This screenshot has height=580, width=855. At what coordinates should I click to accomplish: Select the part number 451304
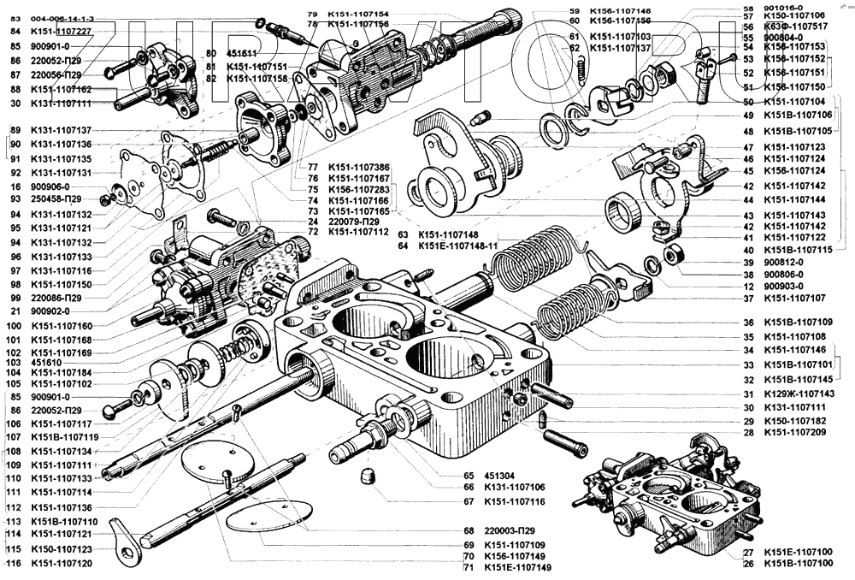coord(500,476)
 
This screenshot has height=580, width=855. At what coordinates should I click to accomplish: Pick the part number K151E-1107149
coord(518,567)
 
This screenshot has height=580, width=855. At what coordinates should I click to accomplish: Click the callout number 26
coord(749,564)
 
